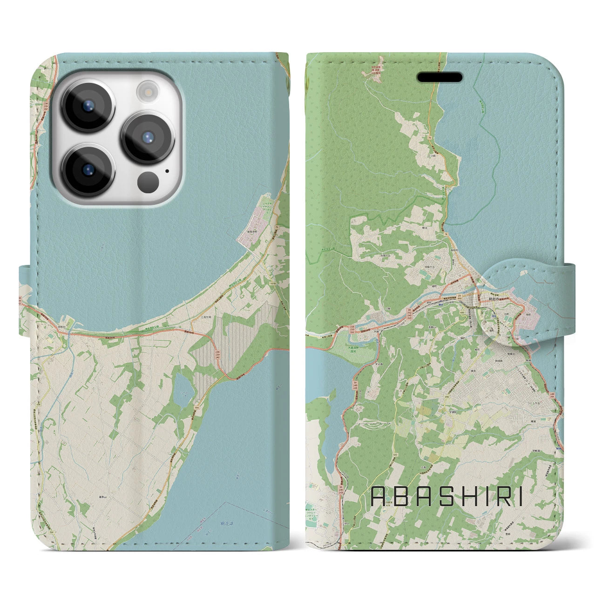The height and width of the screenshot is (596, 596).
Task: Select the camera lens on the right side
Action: click(x=148, y=136)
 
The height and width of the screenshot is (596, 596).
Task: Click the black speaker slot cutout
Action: click(x=440, y=77)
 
